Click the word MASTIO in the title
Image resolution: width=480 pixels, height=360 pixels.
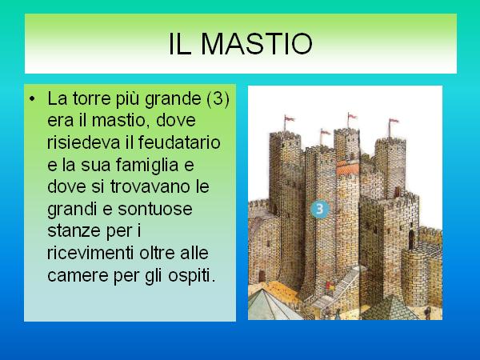tap(257, 44)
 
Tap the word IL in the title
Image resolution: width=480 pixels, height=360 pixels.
tap(180, 44)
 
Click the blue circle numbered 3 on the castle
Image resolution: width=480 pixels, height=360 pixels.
tap(320, 209)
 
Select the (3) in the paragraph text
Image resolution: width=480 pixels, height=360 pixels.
tap(218, 98)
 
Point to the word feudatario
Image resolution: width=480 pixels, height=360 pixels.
tap(179, 142)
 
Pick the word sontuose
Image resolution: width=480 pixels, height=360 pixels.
tap(155, 210)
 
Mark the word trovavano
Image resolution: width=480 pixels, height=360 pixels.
tap(150, 186)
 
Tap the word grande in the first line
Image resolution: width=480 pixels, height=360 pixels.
tap(173, 100)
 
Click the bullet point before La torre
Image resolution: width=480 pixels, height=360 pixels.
tap(32, 99)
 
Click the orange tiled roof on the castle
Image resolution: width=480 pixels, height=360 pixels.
tap(348, 169)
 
